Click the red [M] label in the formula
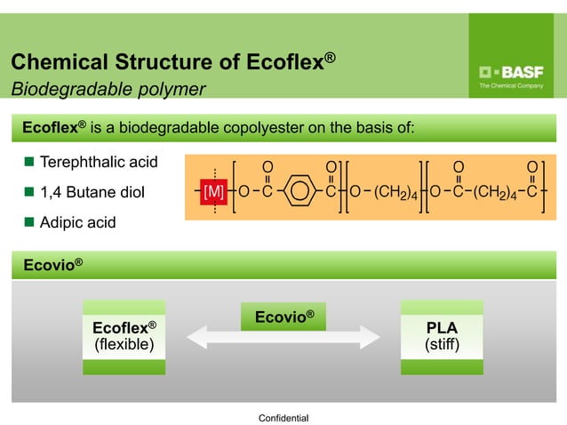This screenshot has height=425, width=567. click(214, 191)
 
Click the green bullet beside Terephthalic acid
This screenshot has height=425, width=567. click(28, 162)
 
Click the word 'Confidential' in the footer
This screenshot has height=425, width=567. click(283, 417)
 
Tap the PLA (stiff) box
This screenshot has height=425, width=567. click(442, 336)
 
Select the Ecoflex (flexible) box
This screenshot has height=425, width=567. click(124, 336)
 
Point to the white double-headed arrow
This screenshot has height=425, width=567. click(283, 339)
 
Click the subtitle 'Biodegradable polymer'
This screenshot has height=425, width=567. click(108, 89)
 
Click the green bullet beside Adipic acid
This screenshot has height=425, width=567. click(28, 221)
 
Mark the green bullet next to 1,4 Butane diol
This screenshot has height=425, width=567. click(28, 191)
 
